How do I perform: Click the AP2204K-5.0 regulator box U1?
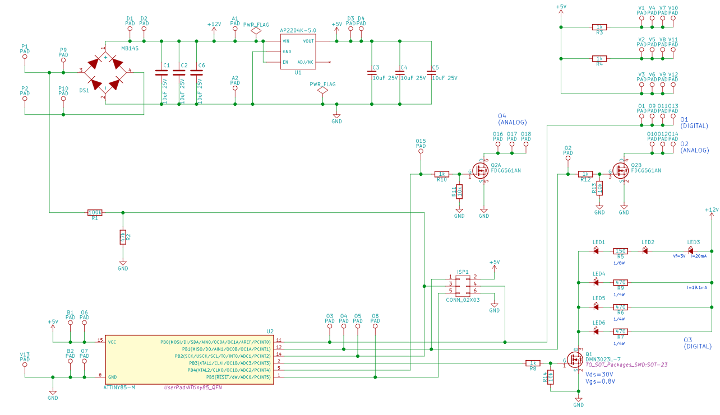(298, 51)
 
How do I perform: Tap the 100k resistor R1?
(95, 213)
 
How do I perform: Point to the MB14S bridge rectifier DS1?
(105, 71)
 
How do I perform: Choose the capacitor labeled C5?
(431, 72)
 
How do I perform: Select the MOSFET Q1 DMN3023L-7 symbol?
(575, 359)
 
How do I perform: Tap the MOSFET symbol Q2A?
(481, 170)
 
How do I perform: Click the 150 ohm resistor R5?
(620, 251)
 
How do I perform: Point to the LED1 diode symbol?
(597, 251)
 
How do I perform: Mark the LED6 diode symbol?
(597, 332)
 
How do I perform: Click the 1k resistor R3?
(599, 27)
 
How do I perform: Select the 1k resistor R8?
(533, 363)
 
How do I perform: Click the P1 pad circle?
(25, 59)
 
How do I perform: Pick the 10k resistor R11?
(459, 191)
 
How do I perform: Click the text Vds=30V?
(599, 374)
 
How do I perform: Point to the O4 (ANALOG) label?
(513, 119)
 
